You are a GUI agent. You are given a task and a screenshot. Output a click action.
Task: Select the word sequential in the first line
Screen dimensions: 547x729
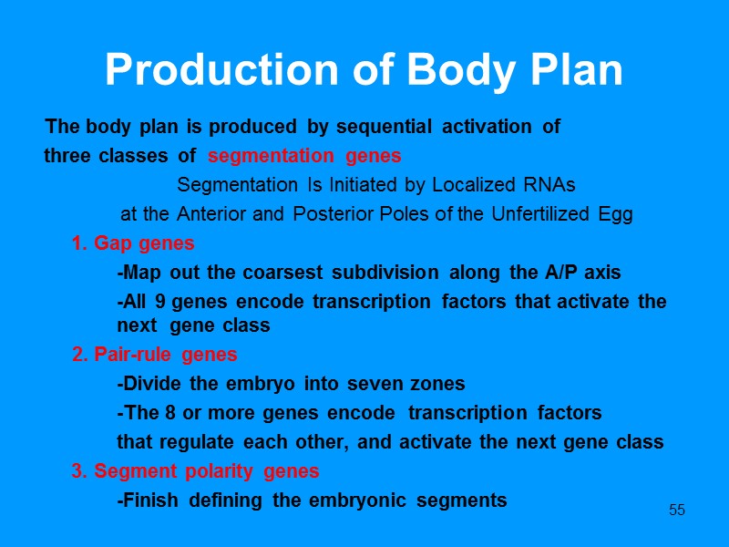point(386,127)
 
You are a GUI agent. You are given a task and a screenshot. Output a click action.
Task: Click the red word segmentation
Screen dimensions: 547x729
point(263,156)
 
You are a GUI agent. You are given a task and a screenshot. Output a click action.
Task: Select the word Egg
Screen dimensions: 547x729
point(616,215)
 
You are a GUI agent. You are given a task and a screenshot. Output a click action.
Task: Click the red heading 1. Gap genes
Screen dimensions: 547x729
point(133,244)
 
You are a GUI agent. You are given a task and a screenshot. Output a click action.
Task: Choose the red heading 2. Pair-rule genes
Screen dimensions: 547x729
point(154,355)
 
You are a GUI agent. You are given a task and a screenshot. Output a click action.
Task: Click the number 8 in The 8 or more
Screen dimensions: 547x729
point(170,413)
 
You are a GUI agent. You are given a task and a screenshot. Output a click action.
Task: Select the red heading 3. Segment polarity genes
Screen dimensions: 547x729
point(195,471)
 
